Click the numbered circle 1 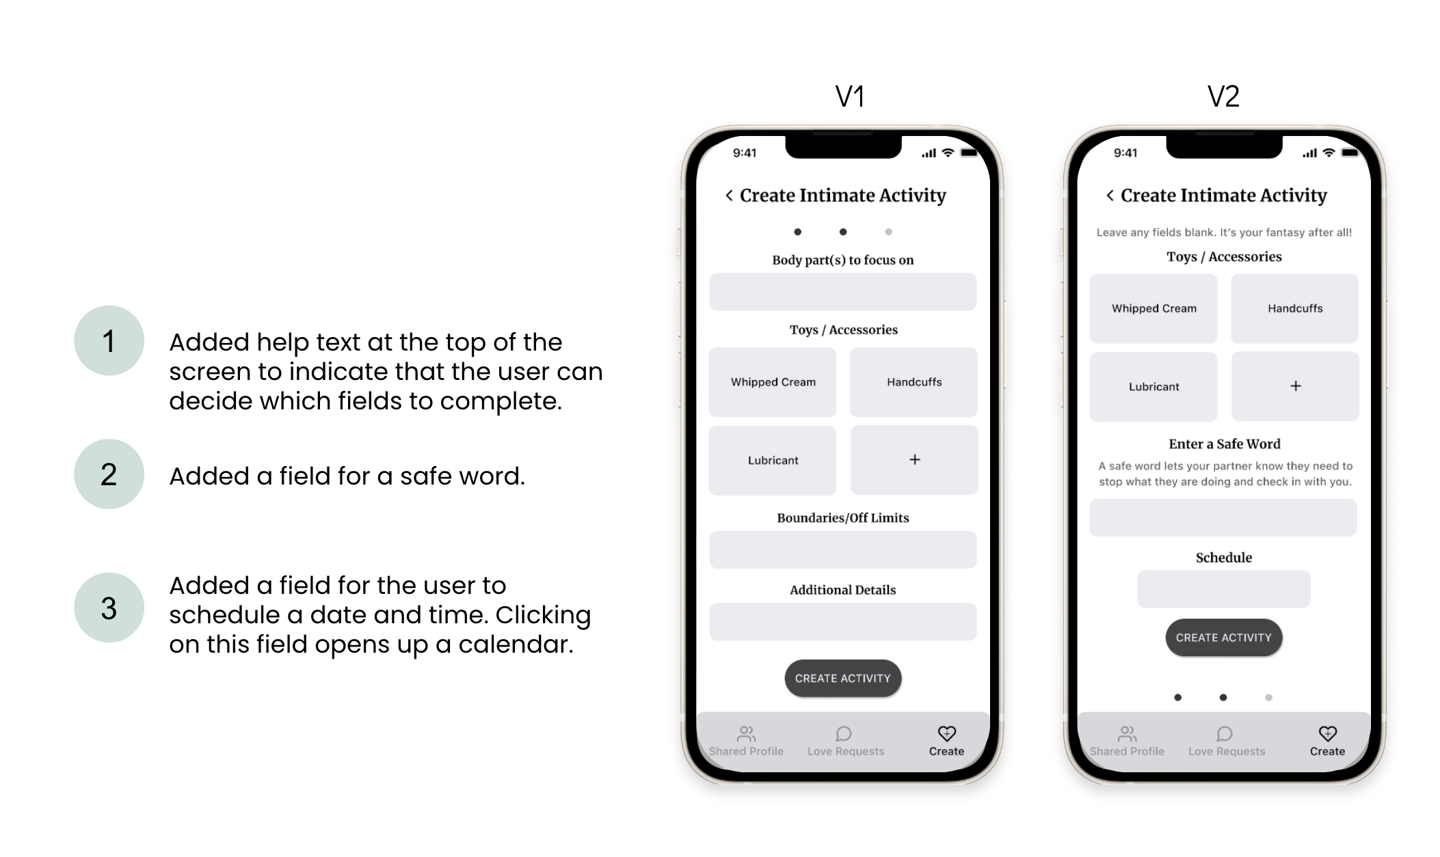point(109,340)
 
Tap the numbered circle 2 point(109,474)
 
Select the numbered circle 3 point(109,607)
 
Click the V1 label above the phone point(850,96)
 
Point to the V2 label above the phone point(1223,96)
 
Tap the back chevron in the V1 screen point(729,195)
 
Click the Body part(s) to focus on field point(843,292)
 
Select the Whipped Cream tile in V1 point(773,382)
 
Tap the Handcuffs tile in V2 point(1294,308)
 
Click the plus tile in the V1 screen point(914,460)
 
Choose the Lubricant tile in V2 point(1154,387)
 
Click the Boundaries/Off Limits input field point(843,549)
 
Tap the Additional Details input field point(843,621)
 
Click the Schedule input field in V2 point(1224,588)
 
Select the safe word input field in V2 point(1223,517)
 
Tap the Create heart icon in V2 point(1327,733)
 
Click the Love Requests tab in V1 point(846,742)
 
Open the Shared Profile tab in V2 point(1127,742)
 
